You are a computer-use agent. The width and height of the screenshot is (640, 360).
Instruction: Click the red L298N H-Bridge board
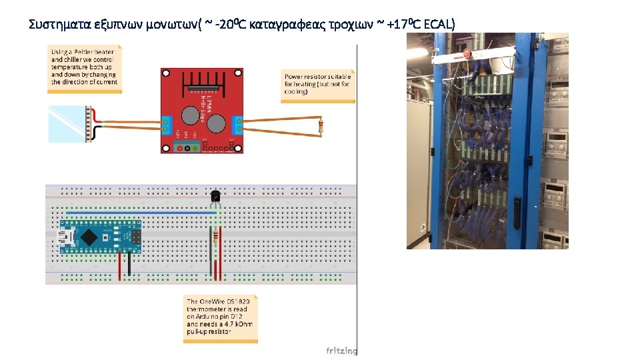tap(202, 111)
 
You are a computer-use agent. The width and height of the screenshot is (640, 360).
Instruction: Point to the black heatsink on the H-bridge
tap(201, 83)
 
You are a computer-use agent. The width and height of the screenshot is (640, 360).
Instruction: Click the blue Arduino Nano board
tap(100, 237)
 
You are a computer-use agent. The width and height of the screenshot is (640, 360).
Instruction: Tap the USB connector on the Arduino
tap(67, 237)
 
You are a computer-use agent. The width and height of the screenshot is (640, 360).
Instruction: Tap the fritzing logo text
tap(341, 351)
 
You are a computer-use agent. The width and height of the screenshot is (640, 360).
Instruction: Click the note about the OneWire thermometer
tap(220, 319)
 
